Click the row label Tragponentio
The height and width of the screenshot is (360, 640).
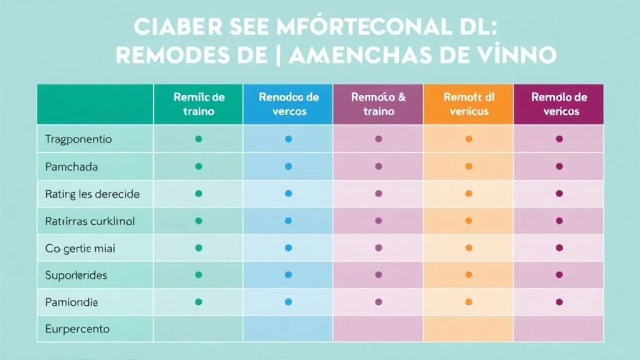(x=78, y=139)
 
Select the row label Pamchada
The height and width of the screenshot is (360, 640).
(x=71, y=166)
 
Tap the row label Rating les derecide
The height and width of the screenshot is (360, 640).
(x=92, y=193)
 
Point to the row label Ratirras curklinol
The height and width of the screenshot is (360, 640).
(x=89, y=220)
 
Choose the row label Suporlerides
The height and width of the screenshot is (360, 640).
(x=76, y=275)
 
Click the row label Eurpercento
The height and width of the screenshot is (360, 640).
(x=77, y=329)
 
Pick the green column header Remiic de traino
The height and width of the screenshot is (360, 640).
(x=198, y=104)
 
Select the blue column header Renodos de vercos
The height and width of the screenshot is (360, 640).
(x=288, y=104)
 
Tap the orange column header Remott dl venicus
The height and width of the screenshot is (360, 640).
(x=468, y=104)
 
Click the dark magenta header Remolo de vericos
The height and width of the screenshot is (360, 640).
(x=559, y=104)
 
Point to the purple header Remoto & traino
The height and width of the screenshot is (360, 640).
(x=378, y=104)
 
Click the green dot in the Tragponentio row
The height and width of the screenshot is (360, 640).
(x=198, y=139)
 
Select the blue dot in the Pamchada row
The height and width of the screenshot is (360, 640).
(x=288, y=166)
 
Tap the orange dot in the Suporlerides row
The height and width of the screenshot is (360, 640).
(x=469, y=274)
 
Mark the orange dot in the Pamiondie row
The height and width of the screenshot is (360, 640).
(x=469, y=302)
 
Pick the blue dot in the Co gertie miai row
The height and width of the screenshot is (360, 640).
(x=288, y=247)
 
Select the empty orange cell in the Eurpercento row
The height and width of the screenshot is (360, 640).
(x=468, y=329)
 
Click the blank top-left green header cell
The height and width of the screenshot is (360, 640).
(x=95, y=104)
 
